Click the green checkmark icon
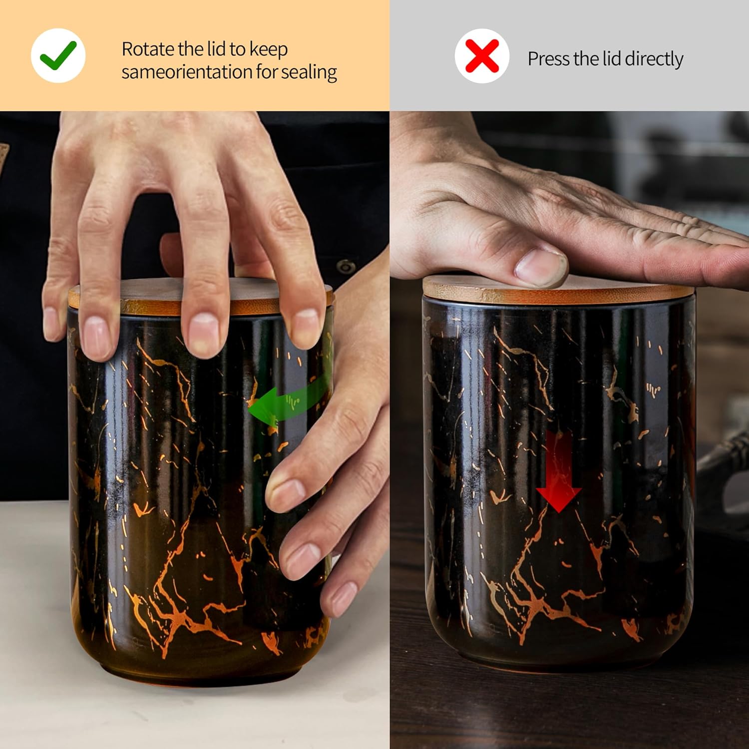click(58, 55)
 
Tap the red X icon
click(482, 56)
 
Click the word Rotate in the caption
click(148, 49)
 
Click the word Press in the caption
click(549, 59)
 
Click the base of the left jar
click(200, 669)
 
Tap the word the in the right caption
click(587, 59)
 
